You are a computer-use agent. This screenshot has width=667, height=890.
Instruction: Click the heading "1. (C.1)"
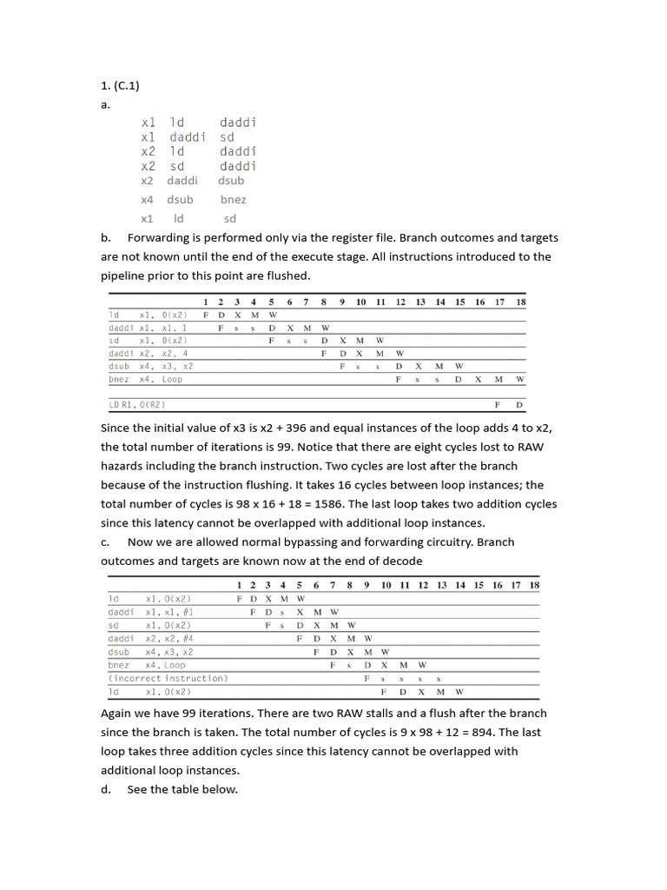click(120, 85)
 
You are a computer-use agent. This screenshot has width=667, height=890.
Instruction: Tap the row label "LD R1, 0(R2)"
click(137, 405)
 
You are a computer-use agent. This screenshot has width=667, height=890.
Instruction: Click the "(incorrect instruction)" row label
click(168, 678)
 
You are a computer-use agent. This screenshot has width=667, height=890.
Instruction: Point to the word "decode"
click(404, 561)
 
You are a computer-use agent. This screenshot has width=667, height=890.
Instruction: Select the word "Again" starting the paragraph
click(117, 714)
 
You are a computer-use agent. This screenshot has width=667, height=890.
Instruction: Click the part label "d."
click(106, 790)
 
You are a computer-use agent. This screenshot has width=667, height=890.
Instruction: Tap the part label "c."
click(105, 542)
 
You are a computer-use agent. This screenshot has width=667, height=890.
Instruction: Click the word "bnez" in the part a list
click(233, 200)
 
